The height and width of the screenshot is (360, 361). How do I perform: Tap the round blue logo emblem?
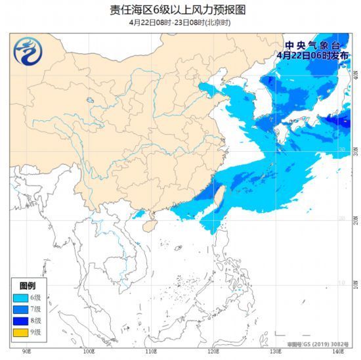pos(28,53)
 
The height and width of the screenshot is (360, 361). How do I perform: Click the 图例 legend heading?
pos(28,286)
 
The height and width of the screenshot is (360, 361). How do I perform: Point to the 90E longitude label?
pos(27,353)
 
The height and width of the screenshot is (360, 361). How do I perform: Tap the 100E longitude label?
pos(90,353)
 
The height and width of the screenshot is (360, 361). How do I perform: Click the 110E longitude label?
pos(151,353)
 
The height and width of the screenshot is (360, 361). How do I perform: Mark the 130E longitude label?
pos(275,353)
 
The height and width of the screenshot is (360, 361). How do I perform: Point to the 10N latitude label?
pos(356,283)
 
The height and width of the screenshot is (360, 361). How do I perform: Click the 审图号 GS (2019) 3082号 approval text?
pos(316,344)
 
